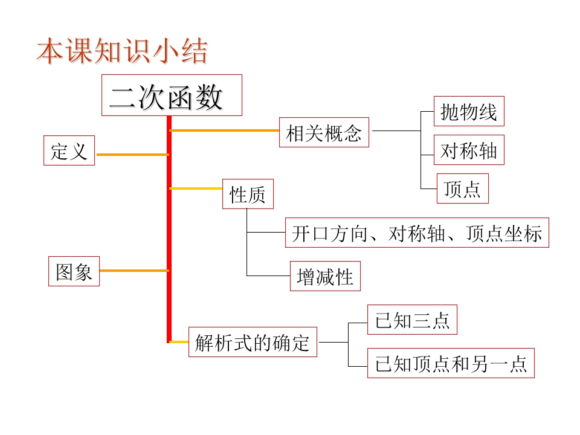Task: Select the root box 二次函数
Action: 172,95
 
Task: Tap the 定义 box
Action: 69,150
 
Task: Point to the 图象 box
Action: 74,271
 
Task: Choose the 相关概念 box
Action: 324,132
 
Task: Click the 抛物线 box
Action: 469,112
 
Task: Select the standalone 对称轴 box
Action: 469,150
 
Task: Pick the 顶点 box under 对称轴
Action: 462,188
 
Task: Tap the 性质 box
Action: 248,195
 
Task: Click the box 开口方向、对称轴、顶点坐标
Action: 417,233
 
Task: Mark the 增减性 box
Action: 325,276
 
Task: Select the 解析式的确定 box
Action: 253,343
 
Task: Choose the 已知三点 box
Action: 412,320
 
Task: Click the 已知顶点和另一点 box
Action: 451,363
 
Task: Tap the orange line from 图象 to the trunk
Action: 134,271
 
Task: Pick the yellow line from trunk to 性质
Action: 197,188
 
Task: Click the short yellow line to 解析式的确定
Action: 179,342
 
